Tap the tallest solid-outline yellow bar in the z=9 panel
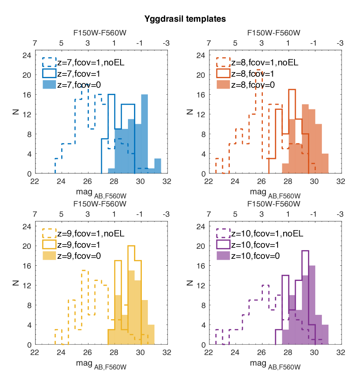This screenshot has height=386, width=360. tap(131, 295)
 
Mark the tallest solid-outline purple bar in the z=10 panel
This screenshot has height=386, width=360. tap(305, 297)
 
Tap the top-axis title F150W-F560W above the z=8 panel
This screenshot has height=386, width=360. tap(274, 33)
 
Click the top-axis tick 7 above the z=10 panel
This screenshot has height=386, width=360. tap(209, 214)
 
